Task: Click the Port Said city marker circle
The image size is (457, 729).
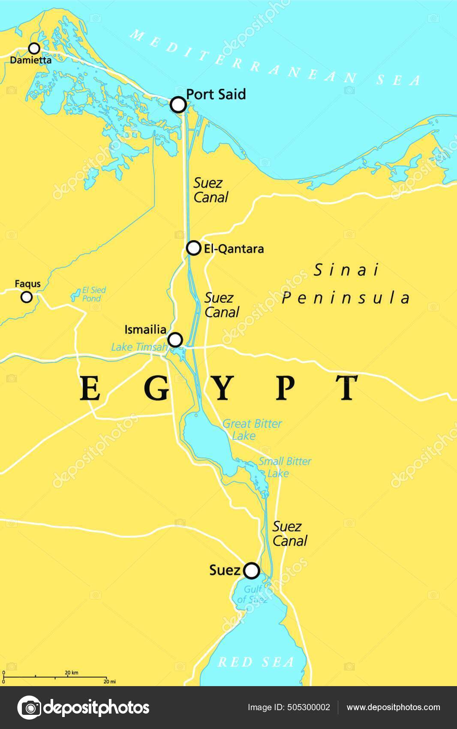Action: pos(178,105)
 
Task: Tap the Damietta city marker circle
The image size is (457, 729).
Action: pos(34,48)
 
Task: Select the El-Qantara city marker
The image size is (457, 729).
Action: pos(194,248)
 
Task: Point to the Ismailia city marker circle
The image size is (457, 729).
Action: pos(175,340)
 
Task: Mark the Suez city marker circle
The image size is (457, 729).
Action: pos(252,571)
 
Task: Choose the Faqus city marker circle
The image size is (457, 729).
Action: pos(27,297)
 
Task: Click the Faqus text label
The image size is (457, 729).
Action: pos(27,284)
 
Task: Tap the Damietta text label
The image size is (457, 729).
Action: pos(31,60)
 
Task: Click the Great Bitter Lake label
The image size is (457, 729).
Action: pos(252,430)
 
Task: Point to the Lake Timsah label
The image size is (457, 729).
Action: pos(138,347)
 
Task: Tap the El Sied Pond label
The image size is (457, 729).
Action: pos(93,294)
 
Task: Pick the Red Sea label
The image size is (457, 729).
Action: pos(256,662)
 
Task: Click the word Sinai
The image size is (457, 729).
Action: pos(347,270)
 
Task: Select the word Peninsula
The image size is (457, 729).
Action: pos(346,298)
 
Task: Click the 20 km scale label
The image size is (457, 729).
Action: pos(72,673)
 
